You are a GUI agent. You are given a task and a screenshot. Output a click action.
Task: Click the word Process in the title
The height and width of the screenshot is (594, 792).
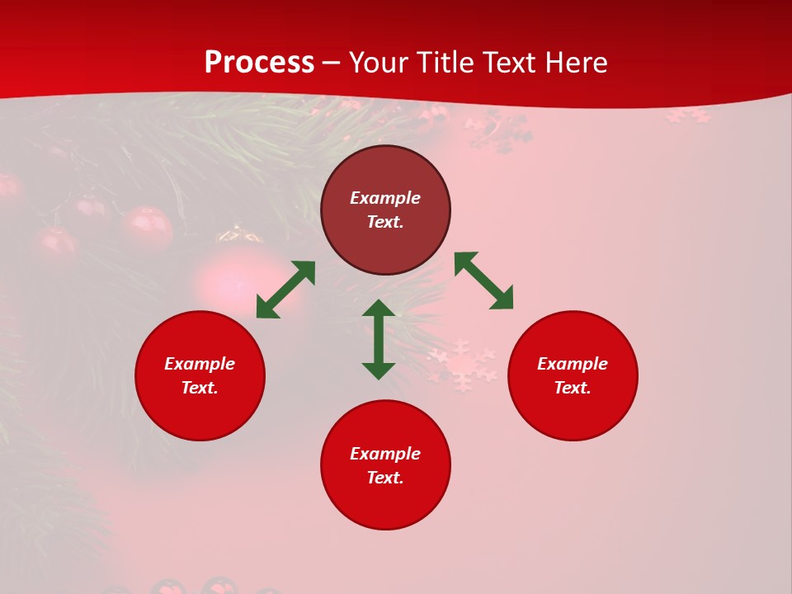tap(259, 63)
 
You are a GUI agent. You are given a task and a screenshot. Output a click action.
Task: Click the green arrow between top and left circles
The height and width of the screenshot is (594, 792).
tap(285, 290)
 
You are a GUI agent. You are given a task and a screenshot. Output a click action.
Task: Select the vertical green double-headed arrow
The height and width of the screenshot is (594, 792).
tap(379, 339)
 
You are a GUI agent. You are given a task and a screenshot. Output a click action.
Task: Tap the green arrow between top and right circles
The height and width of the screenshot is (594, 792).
tap(483, 280)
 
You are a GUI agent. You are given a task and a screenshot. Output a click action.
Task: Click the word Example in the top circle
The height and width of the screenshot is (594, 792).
tap(385, 198)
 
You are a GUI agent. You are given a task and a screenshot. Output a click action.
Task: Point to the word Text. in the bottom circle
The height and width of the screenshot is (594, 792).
tap(385, 478)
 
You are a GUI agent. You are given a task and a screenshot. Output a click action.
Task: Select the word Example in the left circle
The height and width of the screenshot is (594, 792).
tap(200, 364)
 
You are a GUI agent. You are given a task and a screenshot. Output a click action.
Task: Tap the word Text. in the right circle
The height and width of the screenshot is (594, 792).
tap(573, 388)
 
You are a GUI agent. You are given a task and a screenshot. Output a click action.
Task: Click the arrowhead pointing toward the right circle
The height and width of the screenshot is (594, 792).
tap(502, 299)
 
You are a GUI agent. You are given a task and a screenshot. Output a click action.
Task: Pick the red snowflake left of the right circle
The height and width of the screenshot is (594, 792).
tap(462, 365)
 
